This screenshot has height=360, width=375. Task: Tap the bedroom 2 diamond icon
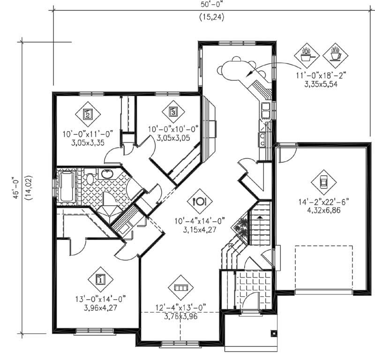(x=87, y=113)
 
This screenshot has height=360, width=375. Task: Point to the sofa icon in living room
(x=180, y=285)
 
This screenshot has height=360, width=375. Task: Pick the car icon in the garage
(x=323, y=182)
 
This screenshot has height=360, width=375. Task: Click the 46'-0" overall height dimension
(x=16, y=187)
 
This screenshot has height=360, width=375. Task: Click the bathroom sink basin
(x=107, y=175)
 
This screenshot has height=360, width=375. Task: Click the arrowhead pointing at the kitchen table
(x=250, y=74)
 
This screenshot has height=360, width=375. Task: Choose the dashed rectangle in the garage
(x=324, y=269)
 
